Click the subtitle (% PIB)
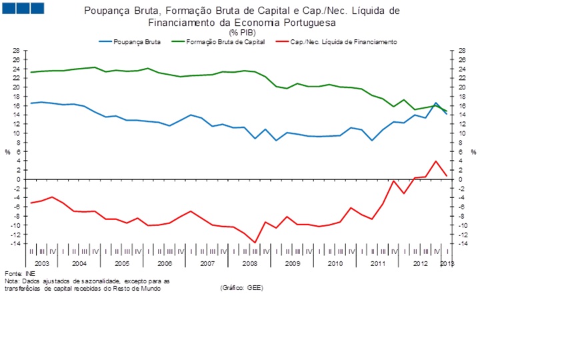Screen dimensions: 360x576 (x=242, y=32)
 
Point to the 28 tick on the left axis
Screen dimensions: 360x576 (x=16, y=51)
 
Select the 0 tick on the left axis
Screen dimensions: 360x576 (x=18, y=179)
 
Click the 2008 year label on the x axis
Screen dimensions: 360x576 (x=249, y=264)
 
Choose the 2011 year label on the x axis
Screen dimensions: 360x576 (x=378, y=264)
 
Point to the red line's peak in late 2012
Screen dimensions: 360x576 (x=436, y=161)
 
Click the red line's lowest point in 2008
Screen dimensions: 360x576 (x=255, y=243)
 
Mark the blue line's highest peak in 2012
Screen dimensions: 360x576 (x=436, y=103)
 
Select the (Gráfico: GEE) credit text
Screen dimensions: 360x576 (x=241, y=288)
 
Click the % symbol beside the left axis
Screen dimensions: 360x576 (x=8, y=152)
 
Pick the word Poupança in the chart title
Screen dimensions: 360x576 (x=106, y=11)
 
